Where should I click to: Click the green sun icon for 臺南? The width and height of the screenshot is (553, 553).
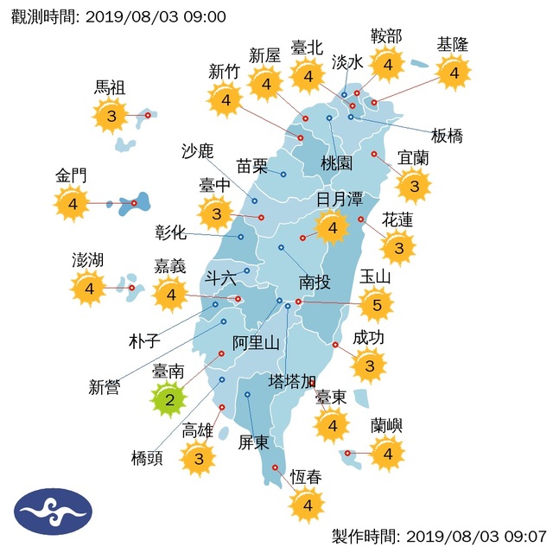[x=169, y=399]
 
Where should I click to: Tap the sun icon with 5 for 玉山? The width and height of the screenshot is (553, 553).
[x=376, y=304]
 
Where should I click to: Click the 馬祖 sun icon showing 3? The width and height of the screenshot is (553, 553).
[x=111, y=114]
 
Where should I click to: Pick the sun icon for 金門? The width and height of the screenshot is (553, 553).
[x=73, y=204]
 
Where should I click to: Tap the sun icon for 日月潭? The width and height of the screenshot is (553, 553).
[x=332, y=228]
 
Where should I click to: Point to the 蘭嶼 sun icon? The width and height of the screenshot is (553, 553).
[x=387, y=452]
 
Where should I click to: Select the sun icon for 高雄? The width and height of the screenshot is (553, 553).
[x=199, y=459]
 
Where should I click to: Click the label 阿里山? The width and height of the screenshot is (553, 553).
[x=257, y=343]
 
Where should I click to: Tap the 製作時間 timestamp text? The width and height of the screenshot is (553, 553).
[x=438, y=537]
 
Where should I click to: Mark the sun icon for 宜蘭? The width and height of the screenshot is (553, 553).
[x=415, y=185]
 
